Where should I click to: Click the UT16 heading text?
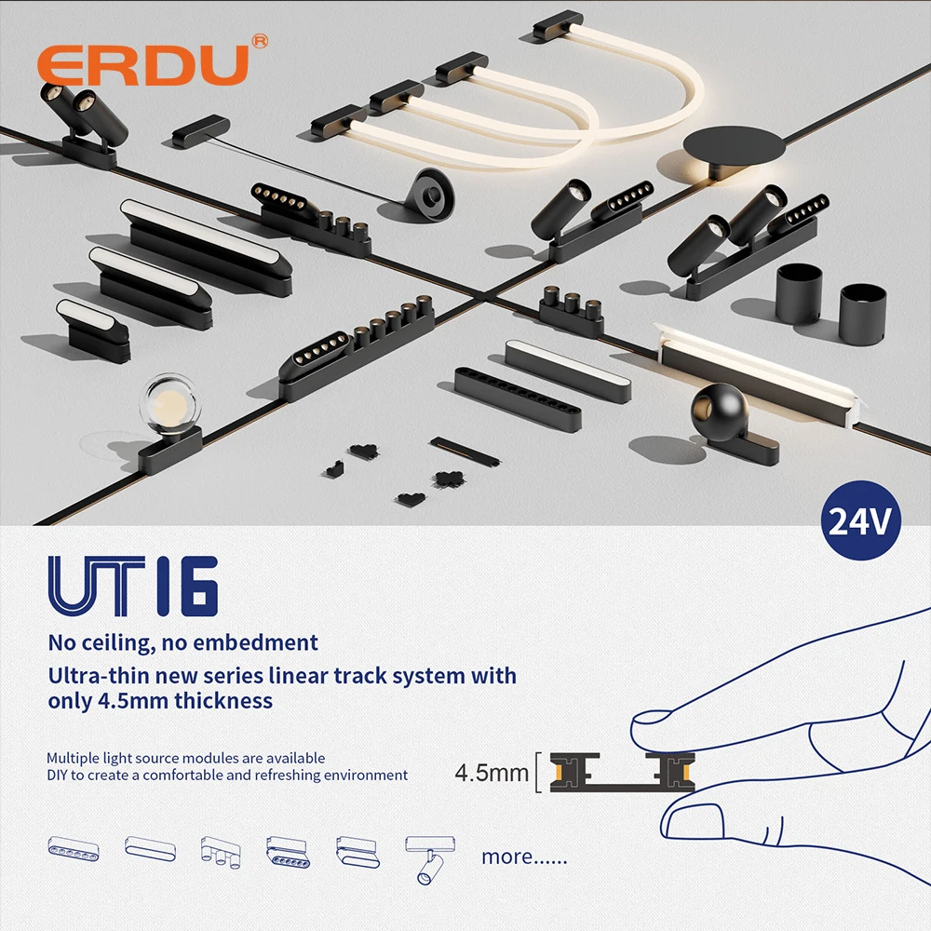click(x=133, y=587)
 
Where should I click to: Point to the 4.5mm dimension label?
click(x=492, y=773)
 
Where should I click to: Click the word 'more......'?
click(x=523, y=856)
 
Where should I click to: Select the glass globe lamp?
click(x=169, y=406)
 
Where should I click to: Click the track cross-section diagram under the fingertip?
click(x=623, y=772)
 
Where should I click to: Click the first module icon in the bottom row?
click(x=74, y=848)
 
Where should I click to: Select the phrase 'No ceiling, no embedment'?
click(x=182, y=641)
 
